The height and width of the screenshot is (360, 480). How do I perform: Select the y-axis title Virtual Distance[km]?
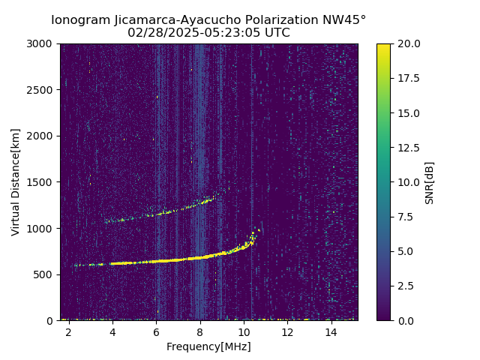pyautogui.click(x=16, y=181)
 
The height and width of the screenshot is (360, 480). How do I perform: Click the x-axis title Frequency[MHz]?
pyautogui.click(x=208, y=346)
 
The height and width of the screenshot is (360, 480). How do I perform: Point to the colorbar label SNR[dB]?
pyautogui.click(x=430, y=182)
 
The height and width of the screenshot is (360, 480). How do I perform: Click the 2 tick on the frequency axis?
pyautogui.click(x=69, y=331)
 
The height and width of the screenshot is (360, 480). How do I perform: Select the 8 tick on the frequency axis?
pyautogui.click(x=200, y=331)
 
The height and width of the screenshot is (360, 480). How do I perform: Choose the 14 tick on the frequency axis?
pyautogui.click(x=331, y=331)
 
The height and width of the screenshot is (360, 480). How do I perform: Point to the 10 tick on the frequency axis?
pyautogui.click(x=244, y=331)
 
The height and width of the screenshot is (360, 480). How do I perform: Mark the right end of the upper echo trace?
pyautogui.click(x=212, y=198)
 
